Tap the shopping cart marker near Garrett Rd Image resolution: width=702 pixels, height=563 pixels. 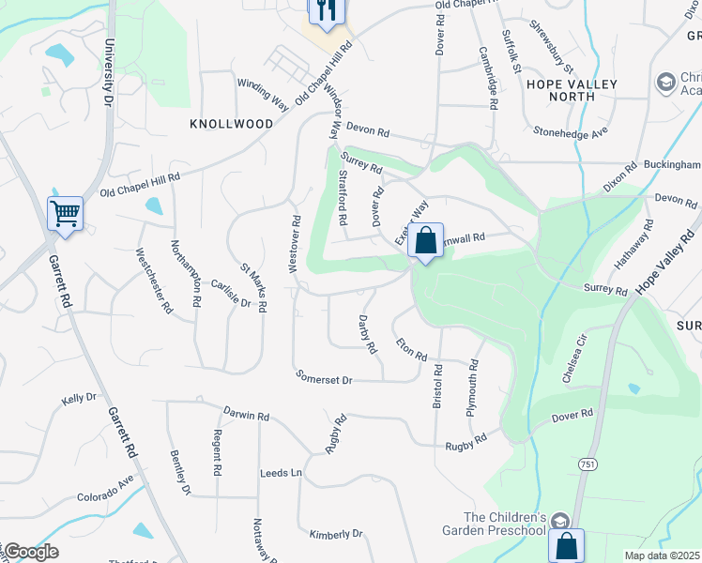(x=65, y=212)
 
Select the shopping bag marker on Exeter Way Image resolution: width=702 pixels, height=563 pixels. (x=425, y=240)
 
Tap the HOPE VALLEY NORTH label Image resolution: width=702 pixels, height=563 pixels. (x=572, y=90)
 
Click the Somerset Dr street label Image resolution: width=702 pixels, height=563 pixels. (x=324, y=379)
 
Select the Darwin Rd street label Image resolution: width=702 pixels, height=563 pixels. (x=247, y=415)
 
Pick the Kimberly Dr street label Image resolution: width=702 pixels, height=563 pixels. (x=336, y=534)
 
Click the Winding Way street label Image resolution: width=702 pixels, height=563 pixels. (x=262, y=93)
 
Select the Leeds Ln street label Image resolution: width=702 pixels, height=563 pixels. (x=282, y=473)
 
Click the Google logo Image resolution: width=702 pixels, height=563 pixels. (x=30, y=552)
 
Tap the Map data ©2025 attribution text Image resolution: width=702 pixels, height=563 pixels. (x=663, y=555)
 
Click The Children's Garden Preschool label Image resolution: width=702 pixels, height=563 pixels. (x=505, y=524)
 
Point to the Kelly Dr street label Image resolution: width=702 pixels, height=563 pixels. (x=79, y=399)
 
